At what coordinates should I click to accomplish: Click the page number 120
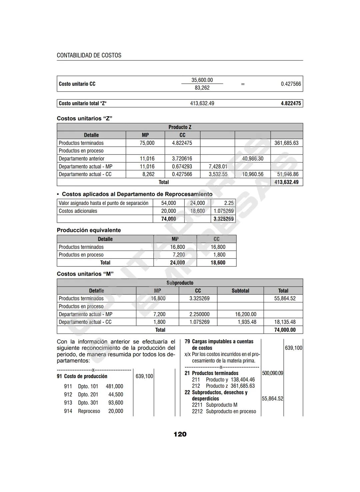coord(180,434)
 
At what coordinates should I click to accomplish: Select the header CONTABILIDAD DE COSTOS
coord(89,55)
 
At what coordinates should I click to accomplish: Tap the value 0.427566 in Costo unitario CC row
coord(291,84)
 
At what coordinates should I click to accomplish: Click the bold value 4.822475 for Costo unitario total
coord(291,103)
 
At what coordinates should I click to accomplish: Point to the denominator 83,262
coord(202,88)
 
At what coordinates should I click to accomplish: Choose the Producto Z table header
coord(180,127)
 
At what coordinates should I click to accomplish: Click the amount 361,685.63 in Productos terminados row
coord(286,143)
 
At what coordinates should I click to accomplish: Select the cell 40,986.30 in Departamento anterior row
coord(252,159)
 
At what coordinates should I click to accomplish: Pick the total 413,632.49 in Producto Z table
coord(286,182)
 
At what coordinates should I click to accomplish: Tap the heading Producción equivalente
coord(89,230)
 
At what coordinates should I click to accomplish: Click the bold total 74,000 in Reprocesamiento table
coord(168,219)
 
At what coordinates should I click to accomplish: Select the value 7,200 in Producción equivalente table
coord(179,255)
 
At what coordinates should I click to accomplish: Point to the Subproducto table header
coord(180,283)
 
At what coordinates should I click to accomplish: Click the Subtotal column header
coord(240,291)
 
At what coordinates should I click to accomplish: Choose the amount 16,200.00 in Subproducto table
coord(246,314)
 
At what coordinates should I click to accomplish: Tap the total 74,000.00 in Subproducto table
coord(285,330)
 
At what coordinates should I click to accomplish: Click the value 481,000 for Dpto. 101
coord(114,386)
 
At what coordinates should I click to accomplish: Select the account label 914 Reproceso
coord(82,411)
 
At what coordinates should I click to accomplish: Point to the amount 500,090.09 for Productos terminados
coord(272,373)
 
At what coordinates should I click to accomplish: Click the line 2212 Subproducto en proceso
coord(224,411)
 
